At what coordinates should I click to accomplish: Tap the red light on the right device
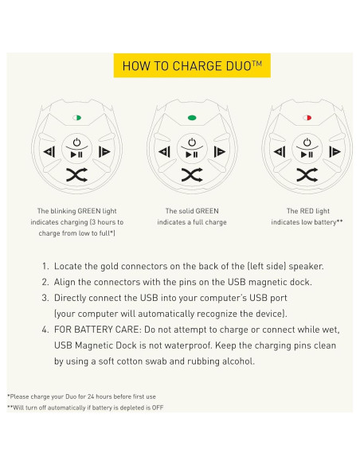tap(307, 117)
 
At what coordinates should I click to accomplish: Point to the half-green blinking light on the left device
tap(76, 117)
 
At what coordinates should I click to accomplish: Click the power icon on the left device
tap(76, 142)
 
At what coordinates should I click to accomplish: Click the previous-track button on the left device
tap(49, 152)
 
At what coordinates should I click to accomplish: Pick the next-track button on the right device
tap(335, 152)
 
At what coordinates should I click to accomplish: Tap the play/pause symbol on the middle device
tap(191, 154)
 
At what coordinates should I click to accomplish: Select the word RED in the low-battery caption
tap(307, 212)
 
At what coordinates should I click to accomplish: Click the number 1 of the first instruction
tap(45, 265)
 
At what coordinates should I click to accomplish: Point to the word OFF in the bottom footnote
tap(158, 407)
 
